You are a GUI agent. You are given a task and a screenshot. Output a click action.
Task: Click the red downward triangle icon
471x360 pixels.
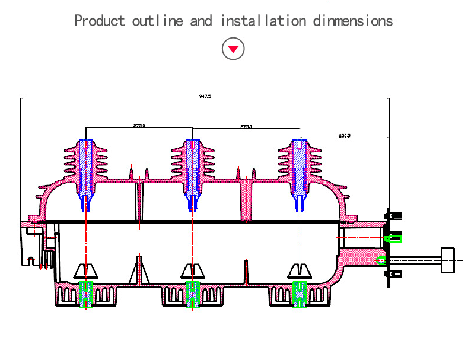click(x=233, y=49)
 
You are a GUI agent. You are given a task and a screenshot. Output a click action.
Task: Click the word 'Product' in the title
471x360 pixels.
click(x=100, y=21)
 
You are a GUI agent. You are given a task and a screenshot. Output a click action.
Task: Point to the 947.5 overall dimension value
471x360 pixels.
click(x=205, y=95)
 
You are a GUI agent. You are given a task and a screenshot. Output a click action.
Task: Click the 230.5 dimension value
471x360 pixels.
click(x=344, y=135)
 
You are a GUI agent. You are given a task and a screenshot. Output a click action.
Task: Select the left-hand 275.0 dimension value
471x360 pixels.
click(x=139, y=125)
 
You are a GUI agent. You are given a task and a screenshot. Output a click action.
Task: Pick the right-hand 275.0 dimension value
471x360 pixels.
click(x=246, y=126)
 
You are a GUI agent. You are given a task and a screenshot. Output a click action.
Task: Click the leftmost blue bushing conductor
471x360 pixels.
click(x=86, y=172)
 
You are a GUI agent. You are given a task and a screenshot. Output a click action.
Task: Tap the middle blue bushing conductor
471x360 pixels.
click(x=193, y=172)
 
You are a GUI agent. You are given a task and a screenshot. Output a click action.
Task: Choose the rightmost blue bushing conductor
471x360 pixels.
click(x=300, y=172)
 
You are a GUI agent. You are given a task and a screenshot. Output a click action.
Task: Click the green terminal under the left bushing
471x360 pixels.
click(x=86, y=294)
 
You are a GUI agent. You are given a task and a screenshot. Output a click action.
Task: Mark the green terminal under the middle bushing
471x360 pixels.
click(x=193, y=294)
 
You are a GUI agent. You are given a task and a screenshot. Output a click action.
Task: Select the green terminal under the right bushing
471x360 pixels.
click(x=300, y=294)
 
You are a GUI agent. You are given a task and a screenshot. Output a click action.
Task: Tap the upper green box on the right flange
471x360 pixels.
click(x=393, y=238)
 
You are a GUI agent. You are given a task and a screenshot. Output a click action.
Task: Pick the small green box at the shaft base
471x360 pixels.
click(x=381, y=260)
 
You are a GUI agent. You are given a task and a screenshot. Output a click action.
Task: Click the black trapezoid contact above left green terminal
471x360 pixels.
click(x=86, y=271)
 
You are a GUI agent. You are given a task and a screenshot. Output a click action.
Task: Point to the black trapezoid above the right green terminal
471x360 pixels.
click(x=300, y=271)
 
